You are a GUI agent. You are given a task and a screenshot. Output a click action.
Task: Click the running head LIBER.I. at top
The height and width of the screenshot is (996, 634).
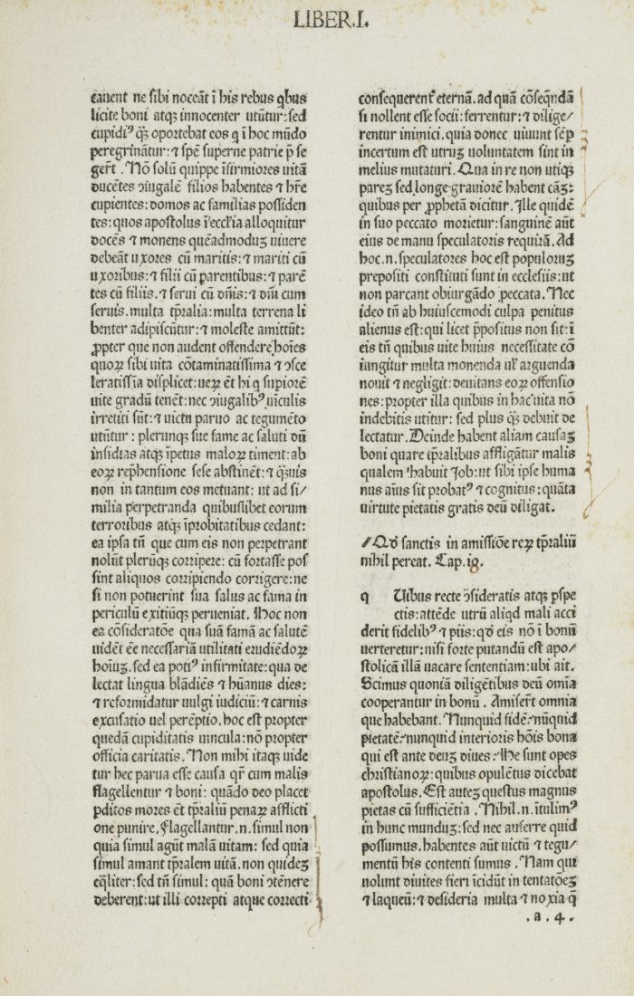tap(330, 19)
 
